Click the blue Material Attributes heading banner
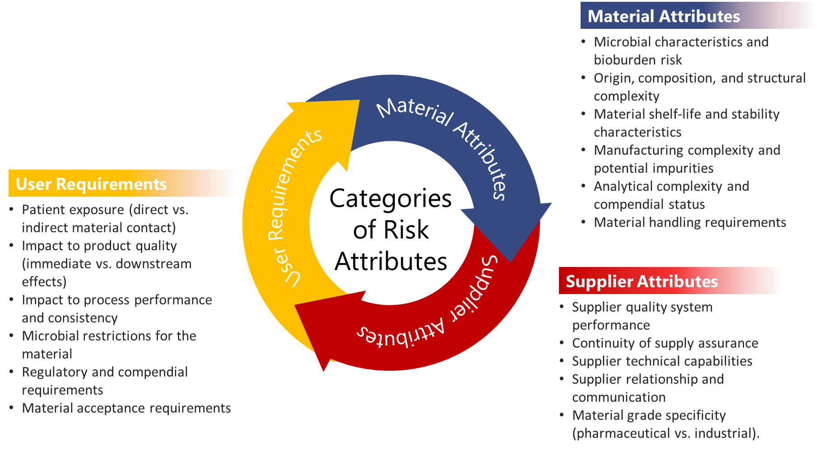[x=698, y=16]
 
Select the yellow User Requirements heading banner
[x=121, y=184]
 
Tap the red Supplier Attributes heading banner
[x=670, y=281]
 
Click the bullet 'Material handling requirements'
[x=690, y=222]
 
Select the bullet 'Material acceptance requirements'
[x=126, y=408]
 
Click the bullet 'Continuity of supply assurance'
[x=665, y=343]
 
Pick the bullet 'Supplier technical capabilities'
[x=662, y=361]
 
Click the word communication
[x=619, y=397]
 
